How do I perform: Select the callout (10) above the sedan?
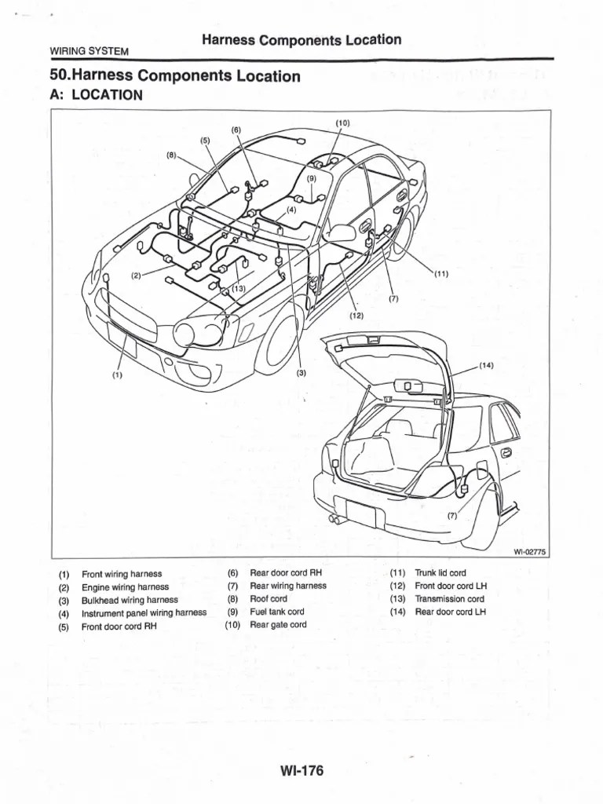[x=342, y=123]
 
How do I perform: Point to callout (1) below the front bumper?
[x=117, y=375]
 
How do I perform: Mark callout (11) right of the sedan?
[x=440, y=274]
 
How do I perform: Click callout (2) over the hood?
[x=136, y=276]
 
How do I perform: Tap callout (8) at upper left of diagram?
[x=172, y=155]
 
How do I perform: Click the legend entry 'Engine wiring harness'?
[x=125, y=587]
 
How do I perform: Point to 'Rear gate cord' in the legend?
[x=278, y=625]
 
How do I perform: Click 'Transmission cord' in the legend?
[x=449, y=599]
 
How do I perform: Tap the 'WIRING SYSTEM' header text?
[x=89, y=51]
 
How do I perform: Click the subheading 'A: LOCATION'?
[x=96, y=95]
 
